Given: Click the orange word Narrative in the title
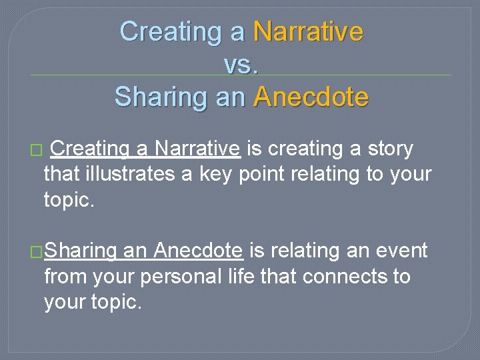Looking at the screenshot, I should point(308,31).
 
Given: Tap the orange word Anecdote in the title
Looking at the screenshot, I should point(311,97).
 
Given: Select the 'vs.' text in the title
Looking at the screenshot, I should point(241,64).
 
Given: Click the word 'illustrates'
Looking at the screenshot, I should point(129,175).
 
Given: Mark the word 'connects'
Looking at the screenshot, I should point(347,276).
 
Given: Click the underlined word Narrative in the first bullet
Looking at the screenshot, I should point(197,149).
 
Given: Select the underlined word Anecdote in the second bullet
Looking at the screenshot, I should point(198,251).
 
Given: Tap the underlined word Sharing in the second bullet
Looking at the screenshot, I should point(81,251).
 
